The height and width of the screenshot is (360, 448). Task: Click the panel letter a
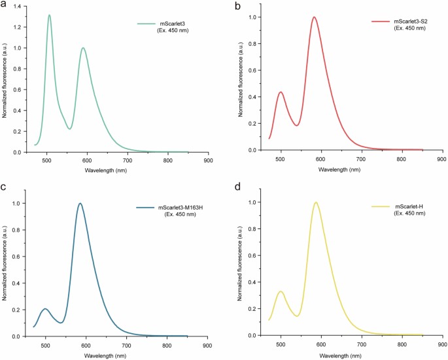tap(4, 5)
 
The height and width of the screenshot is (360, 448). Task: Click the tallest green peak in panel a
tap(49, 15)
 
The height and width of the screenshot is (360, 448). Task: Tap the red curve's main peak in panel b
tap(315, 18)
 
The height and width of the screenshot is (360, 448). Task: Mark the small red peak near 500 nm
tap(281, 92)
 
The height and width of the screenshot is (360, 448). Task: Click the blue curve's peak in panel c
tap(80, 204)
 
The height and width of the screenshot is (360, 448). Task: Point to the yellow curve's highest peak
tap(316, 202)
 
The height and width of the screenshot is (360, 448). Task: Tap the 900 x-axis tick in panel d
tap(441, 344)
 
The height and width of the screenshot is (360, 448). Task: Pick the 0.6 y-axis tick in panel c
tap(18, 257)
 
